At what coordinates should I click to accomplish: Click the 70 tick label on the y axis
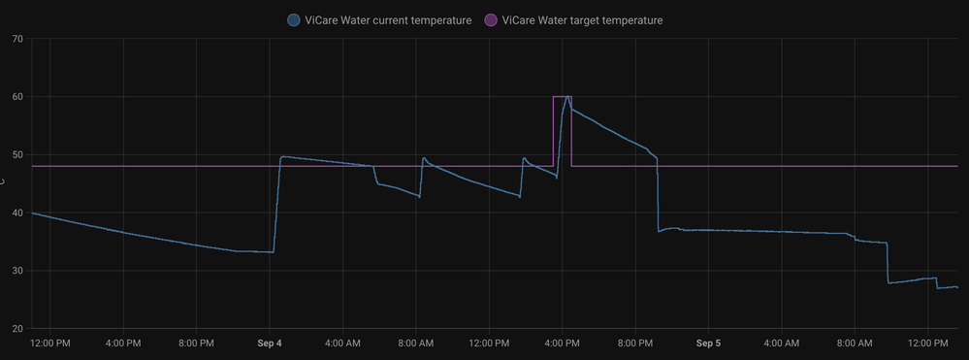pos(17,39)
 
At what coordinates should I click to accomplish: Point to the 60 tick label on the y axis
pos(17,97)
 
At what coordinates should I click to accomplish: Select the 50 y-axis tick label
pos(17,154)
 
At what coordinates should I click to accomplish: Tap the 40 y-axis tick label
pos(17,213)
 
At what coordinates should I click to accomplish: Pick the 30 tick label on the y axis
pos(17,271)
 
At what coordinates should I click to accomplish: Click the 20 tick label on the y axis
pos(17,329)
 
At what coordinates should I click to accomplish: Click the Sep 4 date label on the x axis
pos(270,343)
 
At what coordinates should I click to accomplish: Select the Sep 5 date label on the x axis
pos(708,343)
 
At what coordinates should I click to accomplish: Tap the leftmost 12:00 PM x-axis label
pos(49,343)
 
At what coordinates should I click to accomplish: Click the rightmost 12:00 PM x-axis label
pos(927,343)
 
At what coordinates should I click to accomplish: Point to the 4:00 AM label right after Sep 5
pos(782,343)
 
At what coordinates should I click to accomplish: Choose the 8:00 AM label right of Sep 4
pos(415,343)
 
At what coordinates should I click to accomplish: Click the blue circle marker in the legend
pos(293,19)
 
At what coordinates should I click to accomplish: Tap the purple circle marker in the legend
pos(490,19)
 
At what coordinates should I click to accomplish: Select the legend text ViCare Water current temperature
pos(388,19)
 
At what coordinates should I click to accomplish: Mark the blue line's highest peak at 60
pos(567,97)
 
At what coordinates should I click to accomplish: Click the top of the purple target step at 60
pos(562,97)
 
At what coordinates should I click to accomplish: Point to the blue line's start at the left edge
pos(33,213)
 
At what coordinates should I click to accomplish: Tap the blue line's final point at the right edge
pos(957,287)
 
